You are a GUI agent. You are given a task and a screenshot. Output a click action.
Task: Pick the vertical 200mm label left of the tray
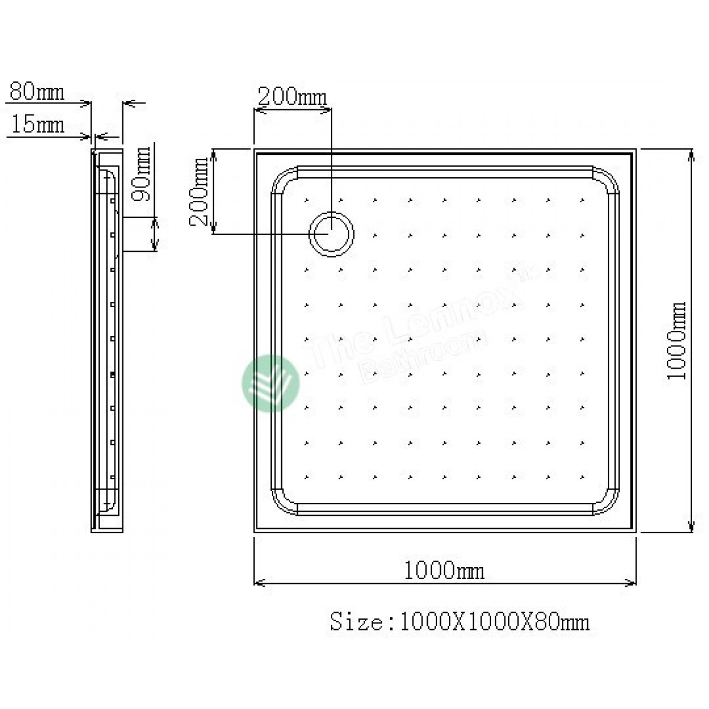200,191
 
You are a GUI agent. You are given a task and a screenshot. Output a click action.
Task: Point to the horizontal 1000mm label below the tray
444,571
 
